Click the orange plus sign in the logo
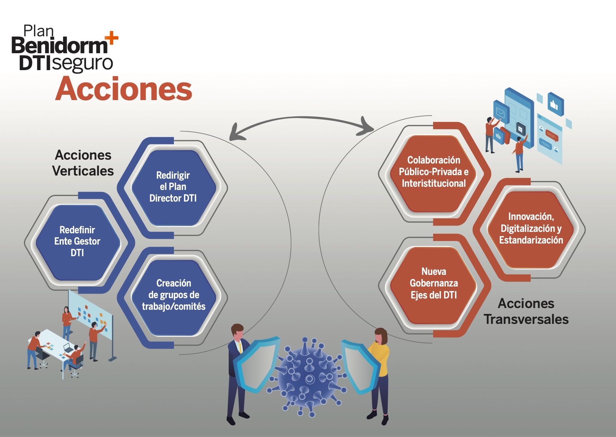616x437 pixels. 112,38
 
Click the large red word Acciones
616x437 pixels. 124,89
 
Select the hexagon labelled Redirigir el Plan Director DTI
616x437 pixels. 173,187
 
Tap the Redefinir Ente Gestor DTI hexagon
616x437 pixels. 78,241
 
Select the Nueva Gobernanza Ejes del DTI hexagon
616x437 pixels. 433,283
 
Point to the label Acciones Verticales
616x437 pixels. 83,163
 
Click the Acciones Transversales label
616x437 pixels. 526,311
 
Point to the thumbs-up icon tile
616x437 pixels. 556,104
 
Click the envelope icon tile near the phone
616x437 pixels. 500,112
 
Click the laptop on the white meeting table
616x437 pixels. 69,348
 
